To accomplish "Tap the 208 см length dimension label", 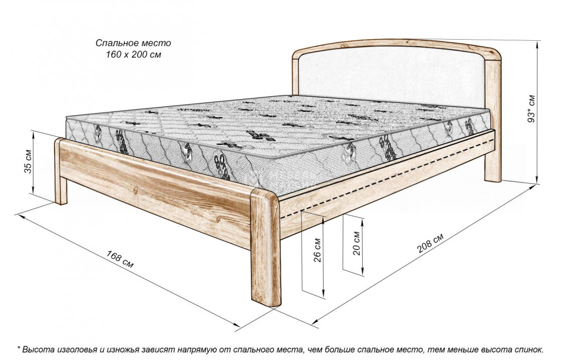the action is (x=430, y=243).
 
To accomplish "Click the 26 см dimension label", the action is (x=318, y=250).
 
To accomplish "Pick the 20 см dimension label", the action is (x=356, y=243).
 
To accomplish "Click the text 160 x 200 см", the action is (x=133, y=55).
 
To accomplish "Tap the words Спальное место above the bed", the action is (x=133, y=43).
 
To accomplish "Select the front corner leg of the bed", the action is (x=265, y=248).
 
